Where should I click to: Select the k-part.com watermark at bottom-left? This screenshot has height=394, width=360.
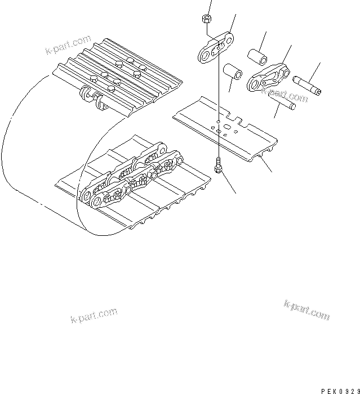click(94, 316)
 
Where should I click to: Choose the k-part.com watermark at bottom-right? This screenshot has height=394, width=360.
click(306, 310)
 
